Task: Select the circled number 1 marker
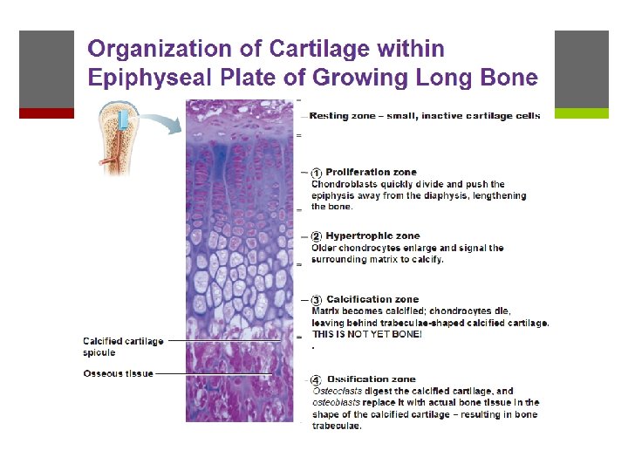tap(317, 173)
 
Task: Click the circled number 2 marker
tap(317, 236)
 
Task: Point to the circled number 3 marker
tap(317, 300)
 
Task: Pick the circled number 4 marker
tap(317, 379)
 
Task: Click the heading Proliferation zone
tap(371, 173)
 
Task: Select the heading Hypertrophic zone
tap(372, 236)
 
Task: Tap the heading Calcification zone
tap(372, 300)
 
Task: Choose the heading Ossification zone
tap(371, 379)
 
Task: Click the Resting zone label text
tap(425, 116)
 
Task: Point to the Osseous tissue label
tap(118, 373)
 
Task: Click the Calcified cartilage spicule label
tap(122, 347)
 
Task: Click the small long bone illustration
tap(117, 140)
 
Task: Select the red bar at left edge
tap(46, 113)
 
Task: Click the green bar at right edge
tap(581, 113)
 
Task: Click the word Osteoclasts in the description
tap(338, 392)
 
